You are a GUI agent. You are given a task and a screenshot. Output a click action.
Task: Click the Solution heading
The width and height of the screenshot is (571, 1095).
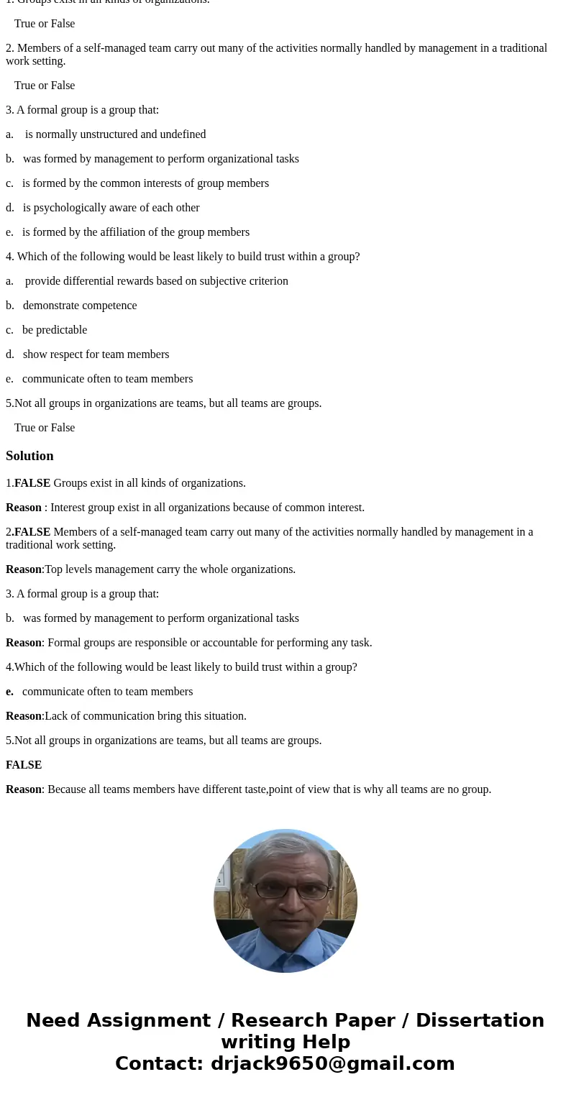(29, 456)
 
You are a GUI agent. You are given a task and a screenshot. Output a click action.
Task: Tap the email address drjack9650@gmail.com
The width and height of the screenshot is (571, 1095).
(332, 1063)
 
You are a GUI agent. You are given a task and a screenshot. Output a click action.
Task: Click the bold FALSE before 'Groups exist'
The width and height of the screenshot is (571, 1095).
(32, 483)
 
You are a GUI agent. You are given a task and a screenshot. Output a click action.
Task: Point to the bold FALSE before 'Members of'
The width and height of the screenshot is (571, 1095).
(32, 532)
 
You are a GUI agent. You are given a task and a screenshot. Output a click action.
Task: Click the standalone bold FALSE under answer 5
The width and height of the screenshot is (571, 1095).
(24, 765)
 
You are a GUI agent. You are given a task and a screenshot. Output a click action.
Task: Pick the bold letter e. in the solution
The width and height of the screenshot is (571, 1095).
(9, 692)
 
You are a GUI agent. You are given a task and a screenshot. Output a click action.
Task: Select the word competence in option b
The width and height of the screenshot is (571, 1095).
(108, 306)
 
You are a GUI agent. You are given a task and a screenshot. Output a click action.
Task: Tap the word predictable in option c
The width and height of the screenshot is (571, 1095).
(62, 330)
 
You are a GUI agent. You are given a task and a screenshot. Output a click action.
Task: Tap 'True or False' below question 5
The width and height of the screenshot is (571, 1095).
(45, 428)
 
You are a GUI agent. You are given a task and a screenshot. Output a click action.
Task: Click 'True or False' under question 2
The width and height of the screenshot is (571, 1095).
(45, 86)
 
